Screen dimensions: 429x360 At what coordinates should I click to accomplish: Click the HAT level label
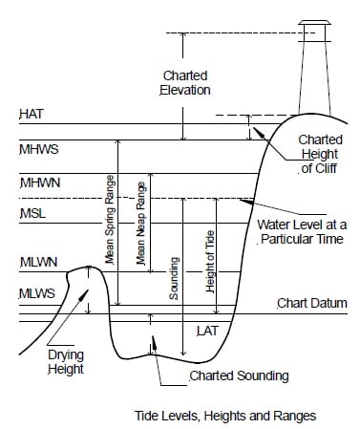tap(31, 115)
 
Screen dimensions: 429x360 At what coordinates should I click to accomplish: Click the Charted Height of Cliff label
tap(312, 153)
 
